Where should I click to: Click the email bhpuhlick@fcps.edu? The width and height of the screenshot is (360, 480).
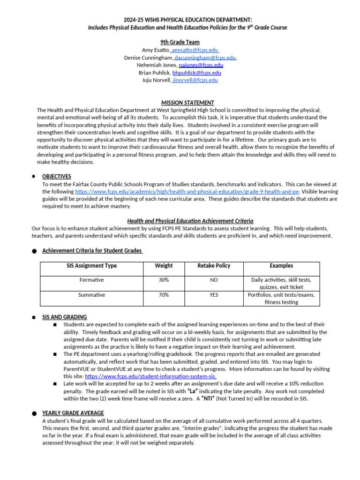(x=197, y=73)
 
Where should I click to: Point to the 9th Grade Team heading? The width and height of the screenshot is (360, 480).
(x=180, y=42)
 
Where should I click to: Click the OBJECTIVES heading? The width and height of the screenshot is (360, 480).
(x=57, y=177)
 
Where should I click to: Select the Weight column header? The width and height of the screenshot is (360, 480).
(x=164, y=266)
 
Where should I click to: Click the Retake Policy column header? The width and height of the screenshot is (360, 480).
(x=214, y=266)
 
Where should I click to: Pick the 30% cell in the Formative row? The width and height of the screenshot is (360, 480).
(x=164, y=280)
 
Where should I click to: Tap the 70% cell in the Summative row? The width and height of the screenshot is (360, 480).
(x=164, y=295)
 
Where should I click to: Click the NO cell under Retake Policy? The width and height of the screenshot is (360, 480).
(x=214, y=280)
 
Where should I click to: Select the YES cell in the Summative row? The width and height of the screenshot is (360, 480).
(x=214, y=295)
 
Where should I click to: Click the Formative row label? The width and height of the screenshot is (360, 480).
(x=92, y=280)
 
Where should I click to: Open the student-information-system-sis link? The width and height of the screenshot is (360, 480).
(x=150, y=376)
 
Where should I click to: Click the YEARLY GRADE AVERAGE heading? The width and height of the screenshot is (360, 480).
(x=73, y=413)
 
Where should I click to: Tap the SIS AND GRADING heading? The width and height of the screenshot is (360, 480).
(x=64, y=317)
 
